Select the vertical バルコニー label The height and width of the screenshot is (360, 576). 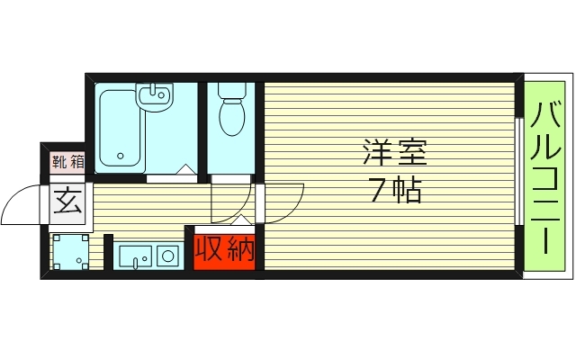(546, 177)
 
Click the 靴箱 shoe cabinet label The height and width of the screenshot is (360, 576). (67, 163)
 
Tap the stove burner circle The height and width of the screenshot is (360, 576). (168, 256)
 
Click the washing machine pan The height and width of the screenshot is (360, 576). (69, 252)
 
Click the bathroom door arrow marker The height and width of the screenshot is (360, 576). (184, 169)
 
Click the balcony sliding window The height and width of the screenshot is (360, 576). (519, 171)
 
